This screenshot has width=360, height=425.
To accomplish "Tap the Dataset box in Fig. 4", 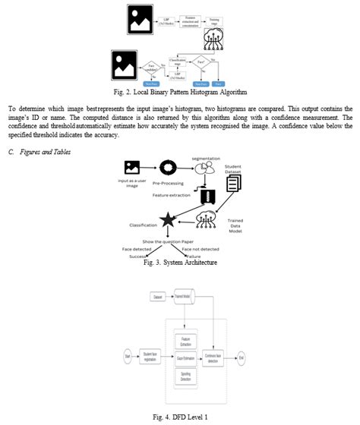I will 158,297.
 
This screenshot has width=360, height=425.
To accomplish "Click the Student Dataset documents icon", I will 233,183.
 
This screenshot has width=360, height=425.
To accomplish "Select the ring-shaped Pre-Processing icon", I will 168,167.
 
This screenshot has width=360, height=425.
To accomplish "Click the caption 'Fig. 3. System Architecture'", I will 180,263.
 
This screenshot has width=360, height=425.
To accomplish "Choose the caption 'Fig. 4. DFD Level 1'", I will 180,417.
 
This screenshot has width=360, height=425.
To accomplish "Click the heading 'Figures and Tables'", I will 46,151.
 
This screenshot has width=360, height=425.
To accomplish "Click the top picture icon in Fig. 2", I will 140,19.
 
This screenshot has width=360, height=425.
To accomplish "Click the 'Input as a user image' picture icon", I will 132,168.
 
